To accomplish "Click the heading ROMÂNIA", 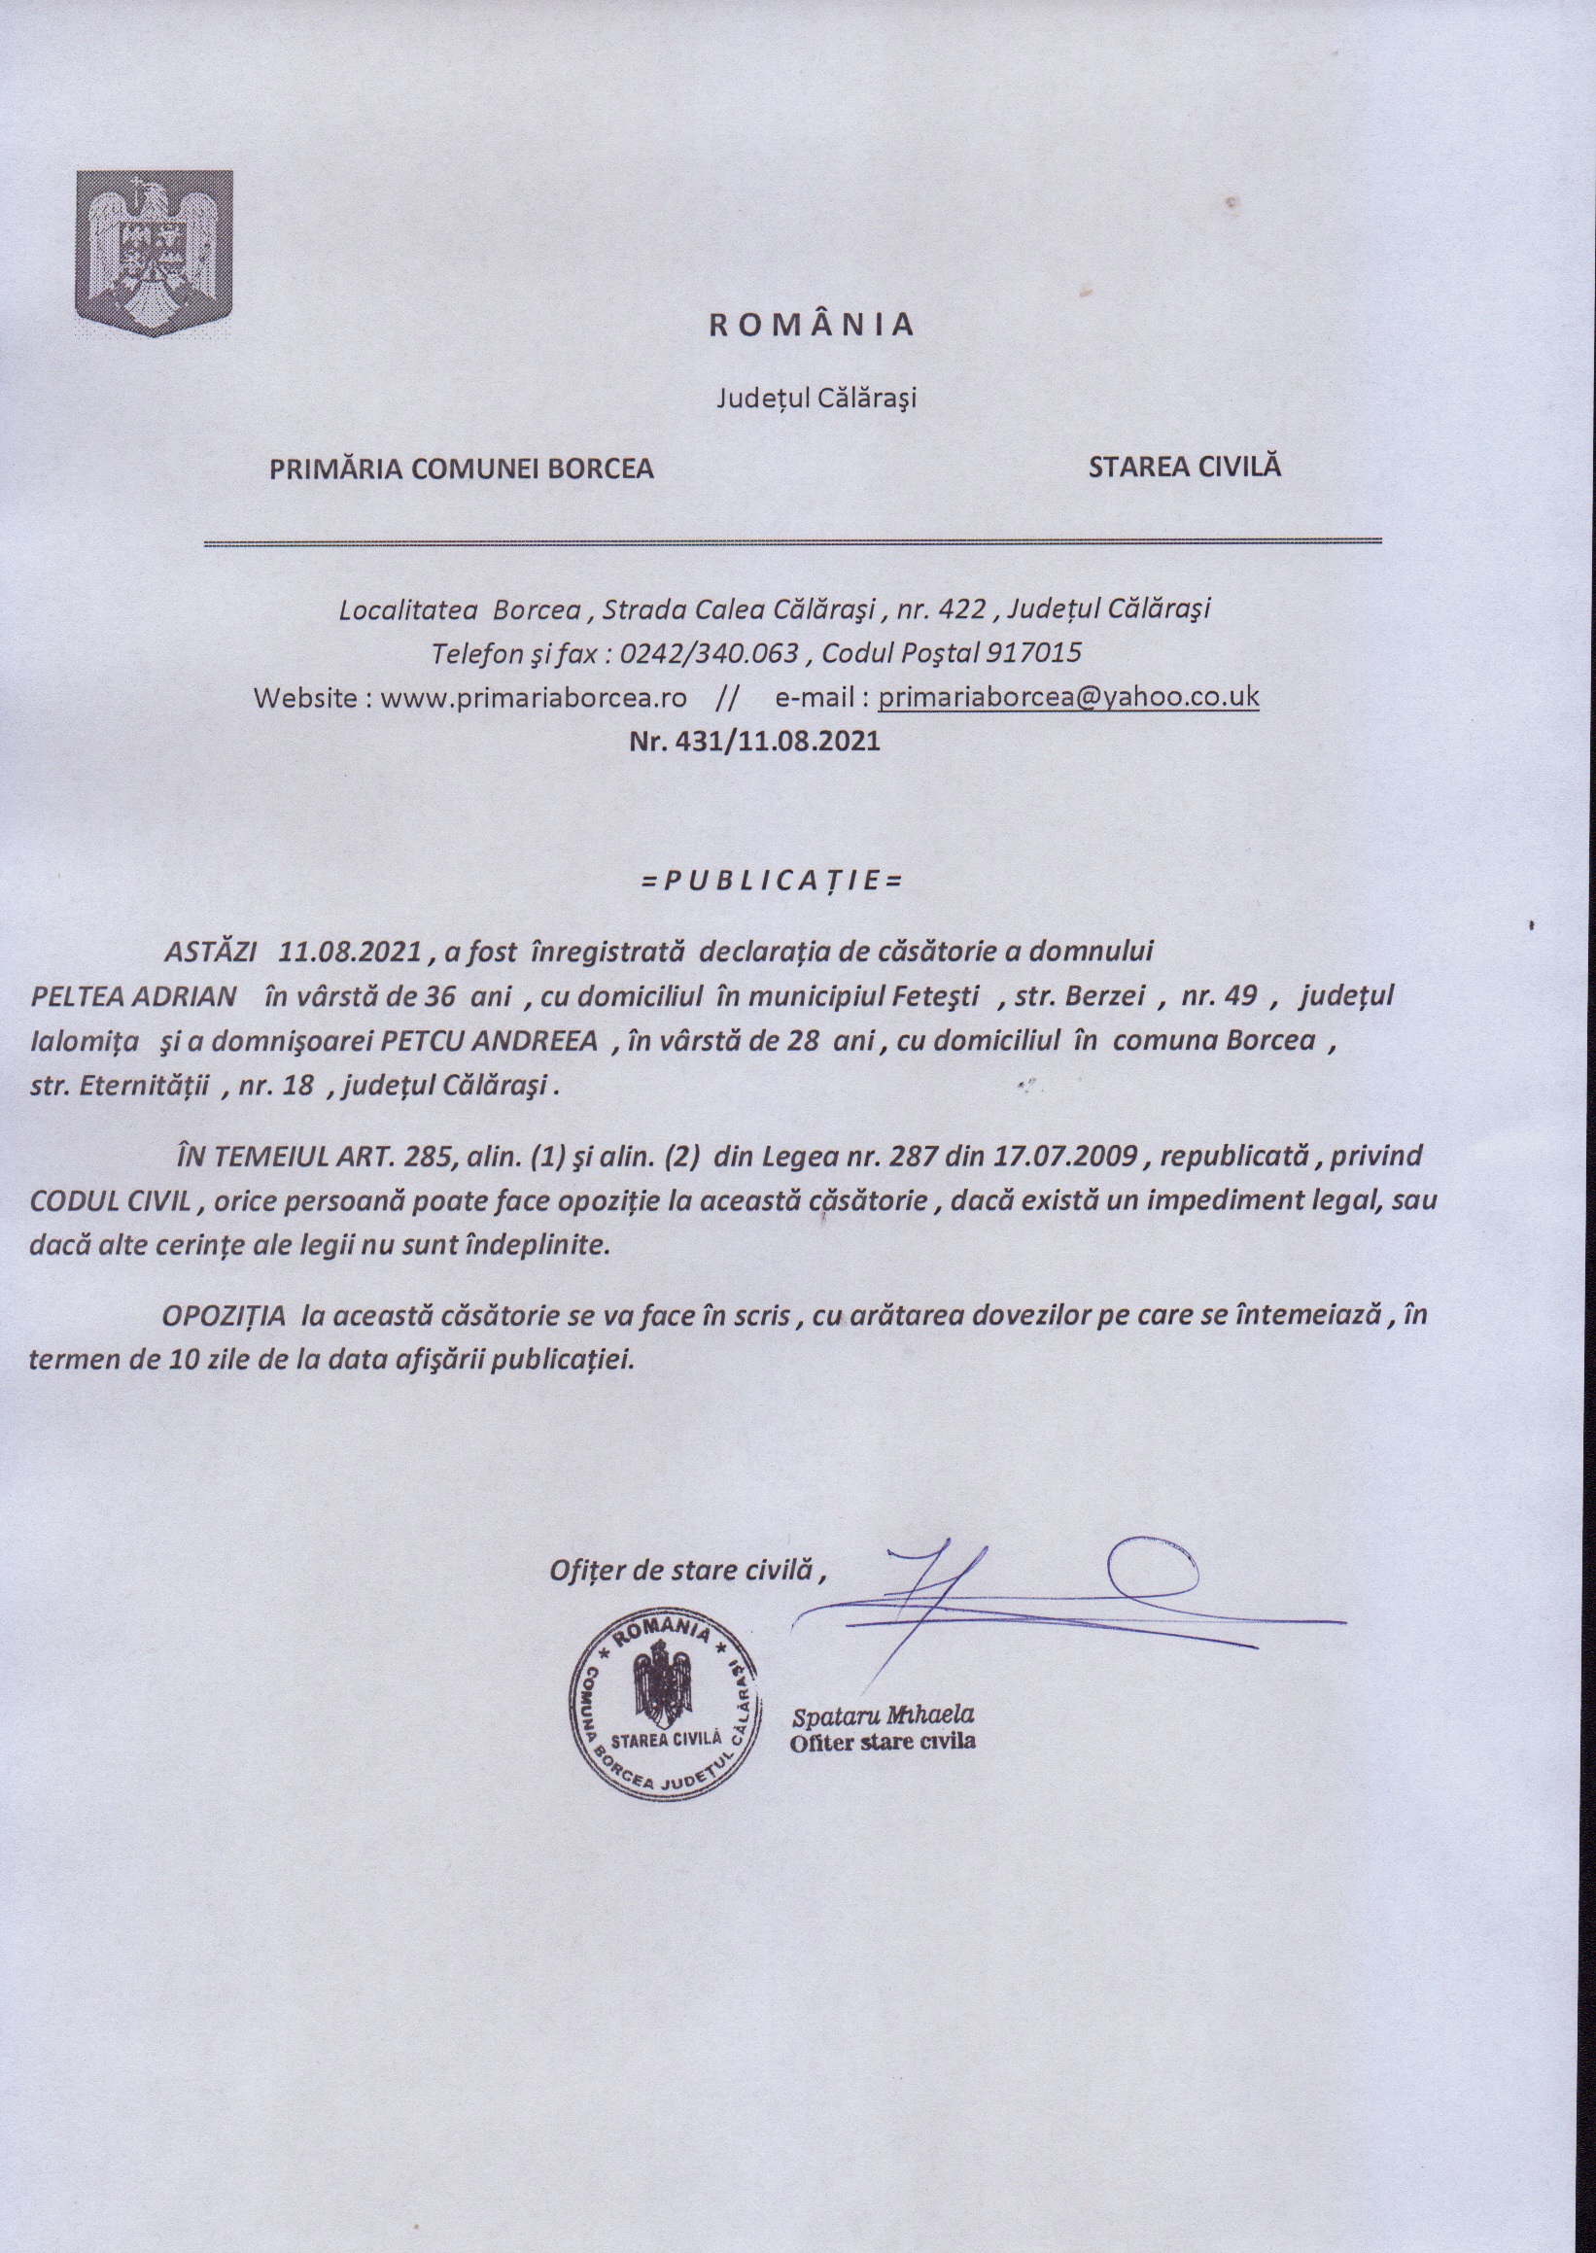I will tap(812, 326).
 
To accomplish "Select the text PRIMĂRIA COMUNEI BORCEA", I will tap(462, 468).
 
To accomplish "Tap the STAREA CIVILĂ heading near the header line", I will tap(1184, 467).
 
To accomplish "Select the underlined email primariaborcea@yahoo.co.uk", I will tap(1068, 697).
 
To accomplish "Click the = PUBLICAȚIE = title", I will tap(771, 880).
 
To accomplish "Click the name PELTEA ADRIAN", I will tap(134, 996).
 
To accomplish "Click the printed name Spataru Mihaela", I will tap(883, 1716).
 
